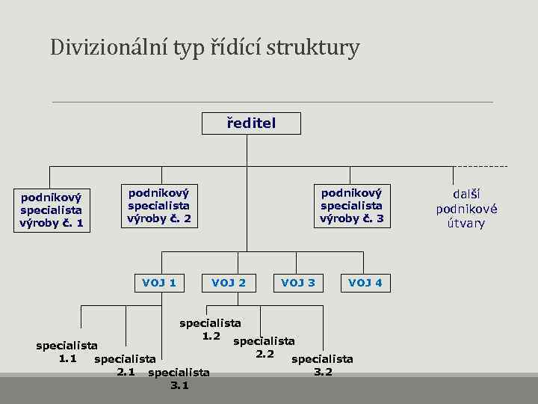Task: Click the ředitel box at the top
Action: (251, 123)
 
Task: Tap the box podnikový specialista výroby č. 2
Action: (159, 205)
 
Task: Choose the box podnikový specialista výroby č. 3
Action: (351, 205)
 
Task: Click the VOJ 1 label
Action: (159, 283)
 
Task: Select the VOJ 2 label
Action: (229, 283)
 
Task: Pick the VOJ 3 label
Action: (297, 283)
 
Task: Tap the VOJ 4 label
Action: (365, 283)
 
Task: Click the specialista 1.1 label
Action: (67, 352)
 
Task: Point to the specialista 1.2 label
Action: (210, 330)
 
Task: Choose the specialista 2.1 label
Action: (126, 365)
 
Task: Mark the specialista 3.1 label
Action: (179, 379)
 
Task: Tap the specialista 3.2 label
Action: (323, 365)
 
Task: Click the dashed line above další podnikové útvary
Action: (481, 166)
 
